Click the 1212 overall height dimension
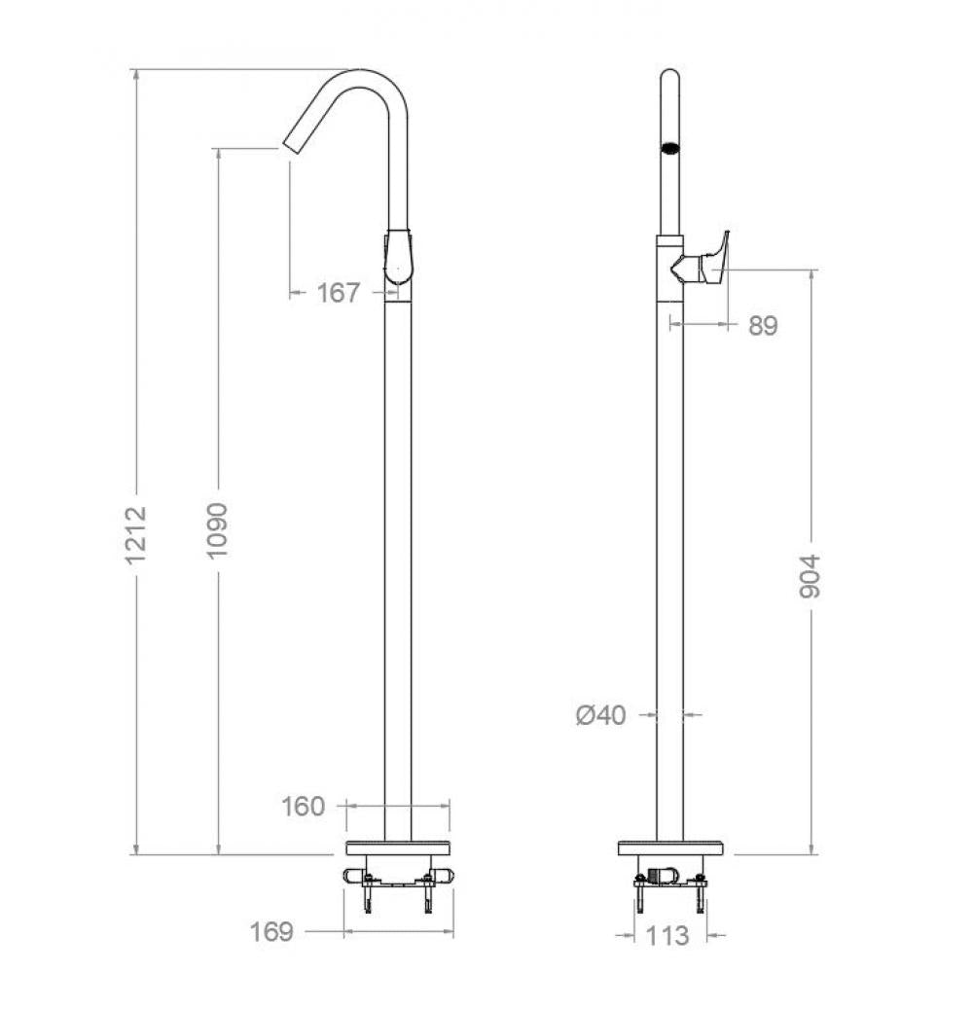137,534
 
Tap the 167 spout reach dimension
339,292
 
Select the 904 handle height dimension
810,576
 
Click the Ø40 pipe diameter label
600,716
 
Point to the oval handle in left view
399,258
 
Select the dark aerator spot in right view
669,149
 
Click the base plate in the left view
398,848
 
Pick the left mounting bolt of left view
369,893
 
